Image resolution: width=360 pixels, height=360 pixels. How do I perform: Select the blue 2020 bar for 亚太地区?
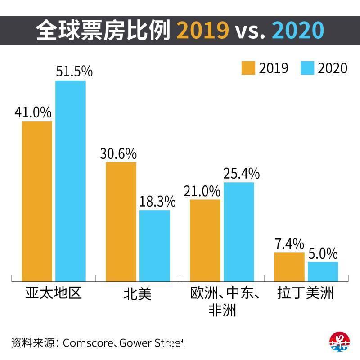tap(71, 180)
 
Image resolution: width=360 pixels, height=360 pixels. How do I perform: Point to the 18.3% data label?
tap(157, 202)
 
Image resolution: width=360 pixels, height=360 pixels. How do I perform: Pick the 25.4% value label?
tap(241, 174)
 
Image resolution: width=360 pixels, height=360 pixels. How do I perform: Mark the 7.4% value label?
tap(289, 244)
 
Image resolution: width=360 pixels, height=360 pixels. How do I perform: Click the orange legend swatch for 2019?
tap(248, 68)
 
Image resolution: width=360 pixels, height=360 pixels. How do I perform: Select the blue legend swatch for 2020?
tap(307, 68)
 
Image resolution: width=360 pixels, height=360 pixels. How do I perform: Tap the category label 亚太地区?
tap(53, 294)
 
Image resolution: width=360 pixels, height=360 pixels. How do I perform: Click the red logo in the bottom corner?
tap(340, 343)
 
